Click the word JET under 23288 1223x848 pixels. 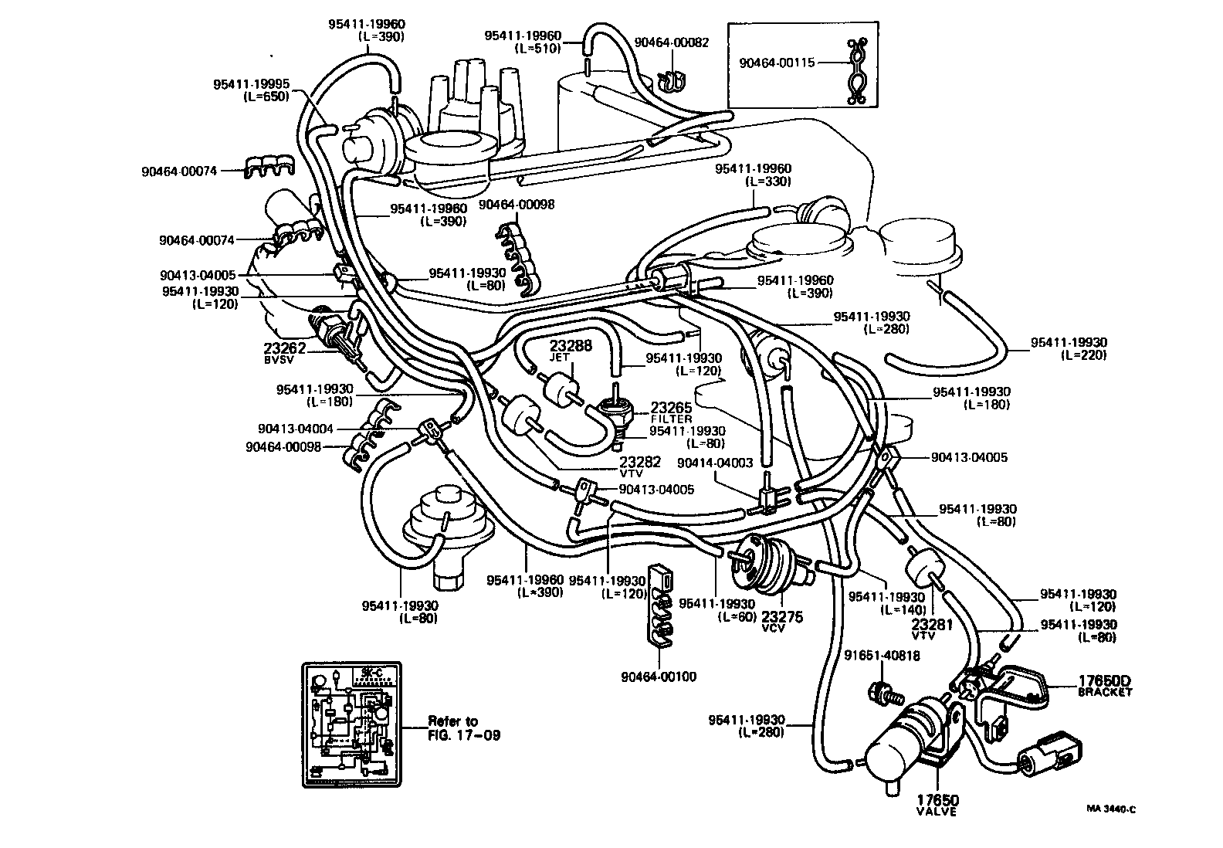point(559,358)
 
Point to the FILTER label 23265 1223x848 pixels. point(671,412)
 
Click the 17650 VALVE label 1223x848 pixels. point(937,805)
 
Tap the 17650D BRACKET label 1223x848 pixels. point(1104,685)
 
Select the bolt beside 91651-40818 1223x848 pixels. point(883,692)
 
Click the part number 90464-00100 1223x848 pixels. point(658,677)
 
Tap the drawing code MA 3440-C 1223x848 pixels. point(1111,809)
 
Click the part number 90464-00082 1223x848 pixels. point(671,42)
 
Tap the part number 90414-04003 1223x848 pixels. point(714,463)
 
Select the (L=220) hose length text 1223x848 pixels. point(1083,355)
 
